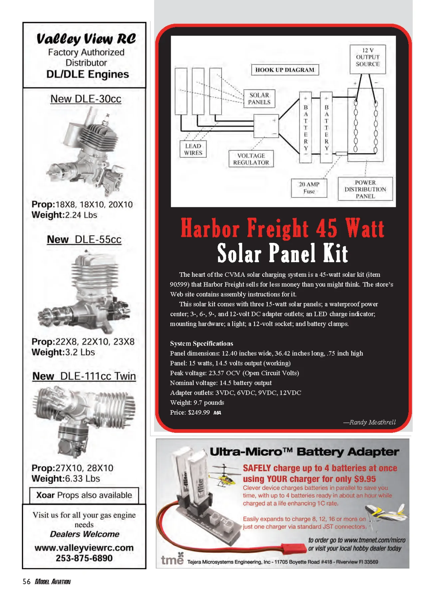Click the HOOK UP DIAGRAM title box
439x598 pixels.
(285, 70)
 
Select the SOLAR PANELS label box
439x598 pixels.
(259, 99)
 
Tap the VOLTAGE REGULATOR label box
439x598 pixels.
(251, 159)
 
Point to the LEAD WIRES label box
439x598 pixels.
(193, 149)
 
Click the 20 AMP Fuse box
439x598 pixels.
(309, 188)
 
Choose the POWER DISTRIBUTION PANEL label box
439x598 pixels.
(365, 189)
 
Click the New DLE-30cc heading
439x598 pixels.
(86, 99)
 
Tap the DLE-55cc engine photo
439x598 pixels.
(85, 292)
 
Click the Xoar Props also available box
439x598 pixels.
(84, 495)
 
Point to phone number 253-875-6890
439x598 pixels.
(84, 558)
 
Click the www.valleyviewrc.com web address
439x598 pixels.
(84, 548)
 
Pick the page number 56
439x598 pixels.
(26, 581)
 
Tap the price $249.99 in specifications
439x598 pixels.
(199, 412)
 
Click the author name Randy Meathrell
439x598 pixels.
(372, 422)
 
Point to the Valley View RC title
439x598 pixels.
(86, 39)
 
